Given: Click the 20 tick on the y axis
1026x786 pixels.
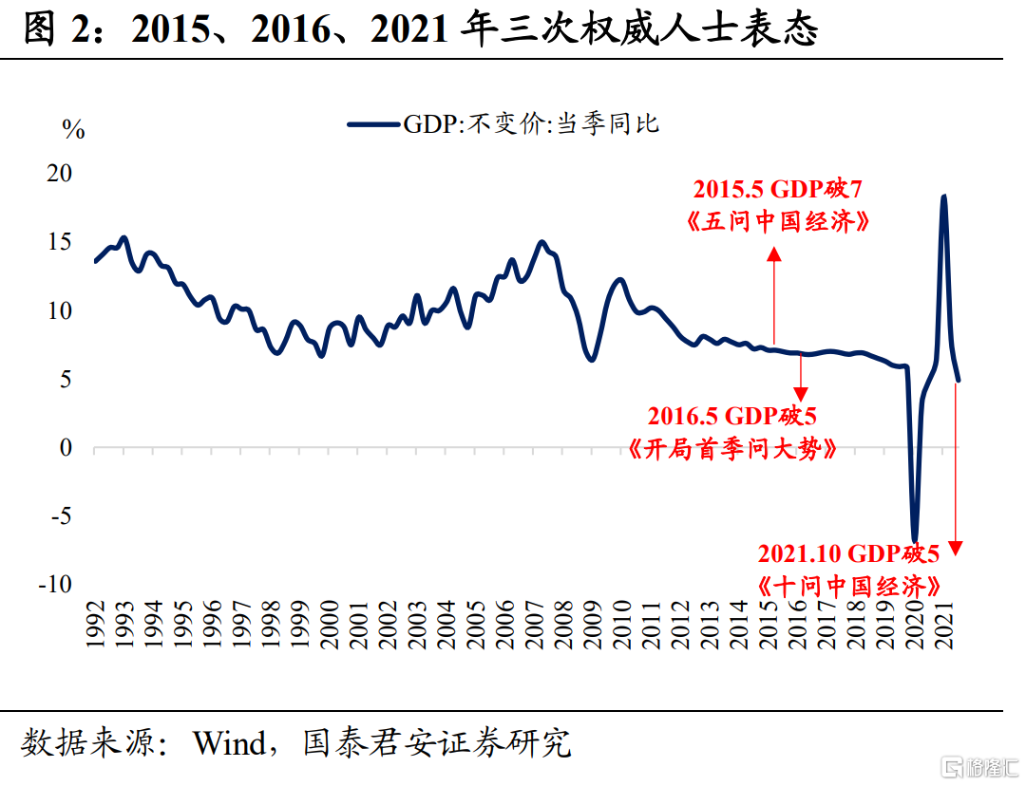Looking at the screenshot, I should (x=60, y=174).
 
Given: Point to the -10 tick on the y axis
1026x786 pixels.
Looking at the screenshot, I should (x=54, y=585).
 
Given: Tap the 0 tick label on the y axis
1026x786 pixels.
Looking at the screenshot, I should (x=66, y=448).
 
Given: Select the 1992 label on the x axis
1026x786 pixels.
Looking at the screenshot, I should (x=95, y=624).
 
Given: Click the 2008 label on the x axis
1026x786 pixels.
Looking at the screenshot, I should (x=564, y=624).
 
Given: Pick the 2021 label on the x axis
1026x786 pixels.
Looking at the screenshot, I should (x=946, y=624).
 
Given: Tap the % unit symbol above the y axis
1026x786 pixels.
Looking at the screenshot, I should (x=73, y=130).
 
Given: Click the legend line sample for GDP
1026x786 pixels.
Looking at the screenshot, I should (x=373, y=124).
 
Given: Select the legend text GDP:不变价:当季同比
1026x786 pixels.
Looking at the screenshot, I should (x=531, y=124).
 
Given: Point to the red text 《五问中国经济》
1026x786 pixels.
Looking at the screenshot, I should (x=777, y=222).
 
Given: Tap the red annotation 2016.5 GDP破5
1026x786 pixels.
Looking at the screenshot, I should (x=732, y=415).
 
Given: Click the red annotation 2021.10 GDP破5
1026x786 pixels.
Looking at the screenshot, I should (x=848, y=553).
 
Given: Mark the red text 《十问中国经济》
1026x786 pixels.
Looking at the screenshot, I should (x=850, y=585).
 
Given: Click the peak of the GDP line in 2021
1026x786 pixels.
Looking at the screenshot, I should (x=943, y=197).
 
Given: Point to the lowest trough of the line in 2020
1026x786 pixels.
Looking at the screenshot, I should (x=915, y=539).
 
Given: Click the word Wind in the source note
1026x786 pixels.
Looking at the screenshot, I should (x=228, y=742).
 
